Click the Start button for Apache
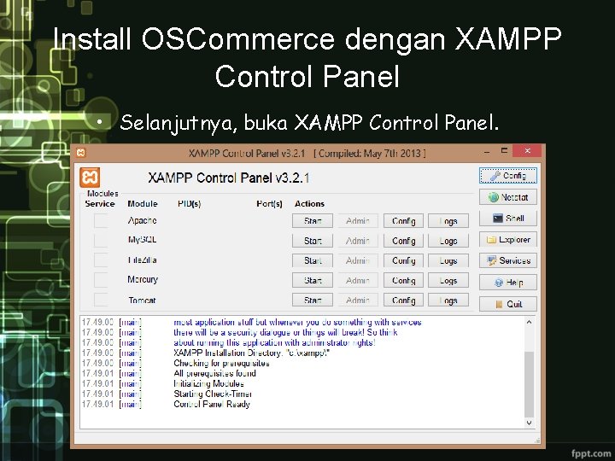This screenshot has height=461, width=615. [313, 221]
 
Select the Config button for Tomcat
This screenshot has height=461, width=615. [403, 301]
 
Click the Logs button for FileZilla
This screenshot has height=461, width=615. [448, 260]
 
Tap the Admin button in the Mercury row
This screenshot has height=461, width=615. [358, 280]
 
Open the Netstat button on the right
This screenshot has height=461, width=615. [508, 197]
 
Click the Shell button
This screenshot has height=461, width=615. [508, 219]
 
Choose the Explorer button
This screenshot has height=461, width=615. [508, 240]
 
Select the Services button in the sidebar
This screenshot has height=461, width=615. [508, 260]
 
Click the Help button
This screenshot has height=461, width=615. [508, 282]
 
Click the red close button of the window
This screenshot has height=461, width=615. [530, 151]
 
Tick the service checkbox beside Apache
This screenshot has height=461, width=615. [101, 221]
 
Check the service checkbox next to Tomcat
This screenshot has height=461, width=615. [101, 300]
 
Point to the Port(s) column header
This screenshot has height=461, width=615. [269, 204]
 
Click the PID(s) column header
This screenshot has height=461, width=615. [189, 204]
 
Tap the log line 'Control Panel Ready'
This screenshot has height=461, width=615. [212, 404]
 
